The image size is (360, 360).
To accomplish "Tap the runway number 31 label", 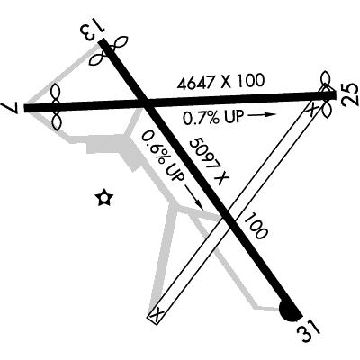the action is [x=309, y=330].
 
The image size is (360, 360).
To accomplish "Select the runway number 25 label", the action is [x=350, y=94].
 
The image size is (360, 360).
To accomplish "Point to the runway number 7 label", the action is [x=9, y=107].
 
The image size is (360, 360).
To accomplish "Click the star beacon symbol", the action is [x=104, y=198].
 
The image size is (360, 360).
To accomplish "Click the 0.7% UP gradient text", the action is [x=213, y=117].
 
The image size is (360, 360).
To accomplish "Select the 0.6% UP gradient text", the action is [x=162, y=156].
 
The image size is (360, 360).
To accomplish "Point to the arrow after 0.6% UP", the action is [x=194, y=197].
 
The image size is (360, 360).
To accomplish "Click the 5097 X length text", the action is [x=209, y=161].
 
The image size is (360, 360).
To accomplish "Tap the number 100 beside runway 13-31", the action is [x=255, y=226].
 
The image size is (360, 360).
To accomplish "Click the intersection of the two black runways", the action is [x=146, y=103].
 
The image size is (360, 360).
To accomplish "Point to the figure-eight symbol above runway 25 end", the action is [x=325, y=80].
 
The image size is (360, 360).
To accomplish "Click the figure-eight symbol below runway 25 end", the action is [x=327, y=108].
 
